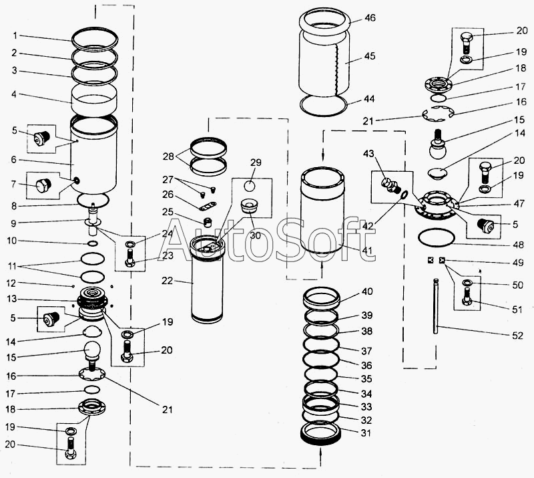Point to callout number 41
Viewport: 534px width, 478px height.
tap(367, 251)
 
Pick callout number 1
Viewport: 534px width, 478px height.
tap(22, 35)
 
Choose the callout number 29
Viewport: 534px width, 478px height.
tap(256, 163)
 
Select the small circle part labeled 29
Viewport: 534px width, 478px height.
tap(251, 187)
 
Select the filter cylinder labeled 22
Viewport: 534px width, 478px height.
tap(210, 284)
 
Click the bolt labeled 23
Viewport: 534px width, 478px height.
tap(129, 256)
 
